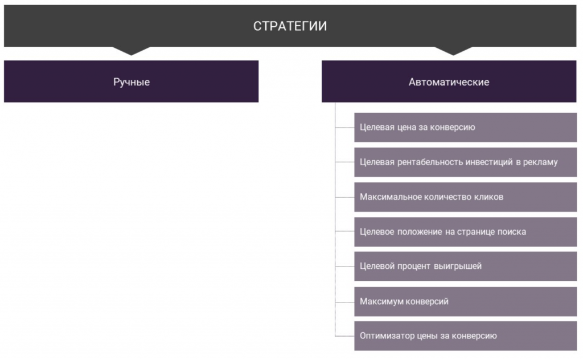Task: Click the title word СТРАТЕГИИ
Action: tap(290, 26)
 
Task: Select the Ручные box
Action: tap(132, 81)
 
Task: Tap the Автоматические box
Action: tap(449, 81)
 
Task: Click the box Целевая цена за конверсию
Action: tap(466, 127)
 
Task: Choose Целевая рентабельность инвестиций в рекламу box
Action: tap(466, 162)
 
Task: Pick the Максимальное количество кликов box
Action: tap(466, 197)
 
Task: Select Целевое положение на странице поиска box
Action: tap(466, 232)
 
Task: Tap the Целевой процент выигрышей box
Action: tap(466, 266)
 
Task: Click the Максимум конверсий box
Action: tap(466, 301)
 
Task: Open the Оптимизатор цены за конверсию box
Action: tap(466, 336)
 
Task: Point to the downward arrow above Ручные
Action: tap(132, 51)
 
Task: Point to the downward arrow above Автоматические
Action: tap(453, 51)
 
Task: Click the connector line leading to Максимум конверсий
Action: tap(344, 302)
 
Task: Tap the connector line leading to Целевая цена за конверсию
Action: tap(344, 128)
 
